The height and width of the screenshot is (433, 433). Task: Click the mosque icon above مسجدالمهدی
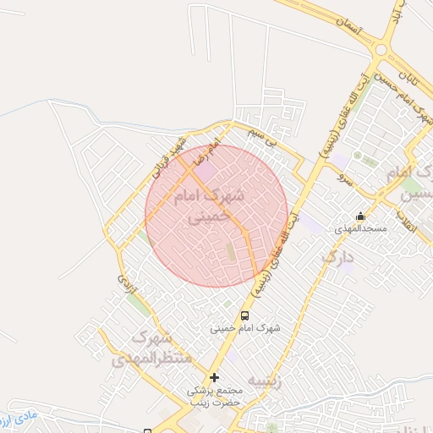click(x=361, y=216)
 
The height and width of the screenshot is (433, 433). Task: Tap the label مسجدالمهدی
click(x=361, y=229)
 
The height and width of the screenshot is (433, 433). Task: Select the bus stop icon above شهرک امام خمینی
click(x=245, y=315)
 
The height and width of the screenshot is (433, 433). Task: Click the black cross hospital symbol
click(x=215, y=377)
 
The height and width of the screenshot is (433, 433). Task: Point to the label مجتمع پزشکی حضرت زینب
click(x=215, y=397)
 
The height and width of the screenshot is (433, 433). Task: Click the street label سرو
click(x=342, y=179)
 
